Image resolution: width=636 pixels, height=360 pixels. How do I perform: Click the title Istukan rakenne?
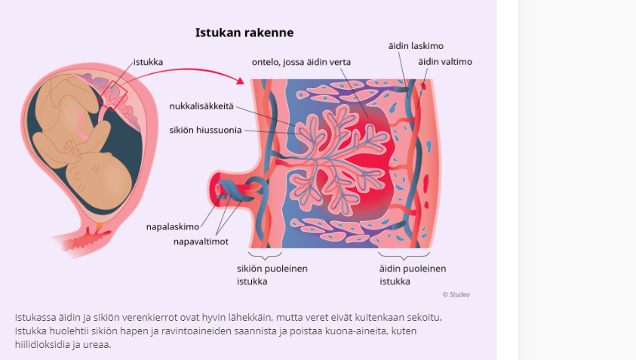[244, 32]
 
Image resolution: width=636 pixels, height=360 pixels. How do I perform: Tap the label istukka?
[148, 61]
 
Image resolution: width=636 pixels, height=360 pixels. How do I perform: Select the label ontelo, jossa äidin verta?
[302, 62]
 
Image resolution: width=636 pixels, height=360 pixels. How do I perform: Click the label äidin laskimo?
[414, 47]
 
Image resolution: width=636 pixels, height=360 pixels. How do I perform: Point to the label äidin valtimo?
[446, 62]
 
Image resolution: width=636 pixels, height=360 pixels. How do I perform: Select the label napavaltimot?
[201, 242]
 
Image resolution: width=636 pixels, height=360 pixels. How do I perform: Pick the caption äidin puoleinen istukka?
[413, 275]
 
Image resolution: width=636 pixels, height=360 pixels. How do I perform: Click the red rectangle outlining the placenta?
[111, 94]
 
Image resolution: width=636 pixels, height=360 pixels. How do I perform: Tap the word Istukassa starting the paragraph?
[35, 317]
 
